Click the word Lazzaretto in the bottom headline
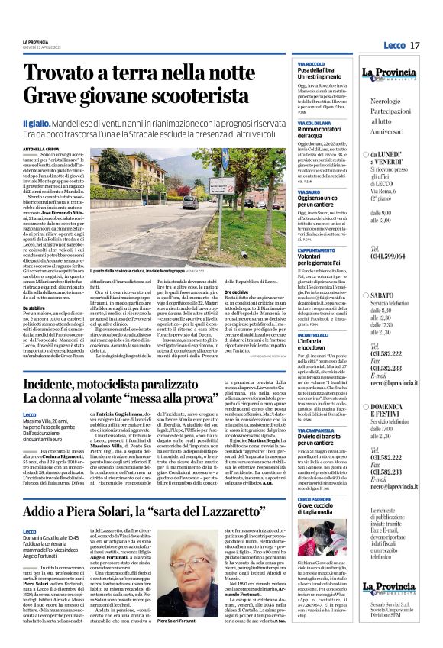tap(254, 509)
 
